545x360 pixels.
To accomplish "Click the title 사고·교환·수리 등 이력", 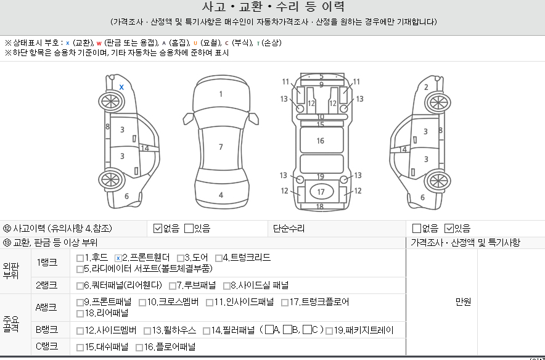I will click(273, 7).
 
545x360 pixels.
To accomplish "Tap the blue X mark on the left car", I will click(121, 87).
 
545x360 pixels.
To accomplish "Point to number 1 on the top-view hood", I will click(221, 94).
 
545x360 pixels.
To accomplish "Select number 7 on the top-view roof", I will click(221, 147).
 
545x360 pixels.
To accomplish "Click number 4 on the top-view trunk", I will click(221, 195).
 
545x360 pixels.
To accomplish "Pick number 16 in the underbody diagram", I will click(321, 141).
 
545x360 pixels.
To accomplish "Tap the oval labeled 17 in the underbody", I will click(321, 192).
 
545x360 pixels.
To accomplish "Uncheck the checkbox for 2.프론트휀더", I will click(118, 258).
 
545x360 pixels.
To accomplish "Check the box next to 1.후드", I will click(80, 258).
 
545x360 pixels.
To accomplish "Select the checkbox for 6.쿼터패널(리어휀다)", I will click(80, 285).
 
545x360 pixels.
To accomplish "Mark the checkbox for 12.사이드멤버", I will click(80, 330).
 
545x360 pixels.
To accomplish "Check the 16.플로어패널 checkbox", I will click(139, 347).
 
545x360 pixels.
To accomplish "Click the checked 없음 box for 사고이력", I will click(158, 229).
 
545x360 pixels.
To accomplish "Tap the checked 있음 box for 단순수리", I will click(449, 229).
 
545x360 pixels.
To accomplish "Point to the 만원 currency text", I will click(463, 302).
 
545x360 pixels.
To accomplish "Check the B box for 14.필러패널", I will click(287, 330).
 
